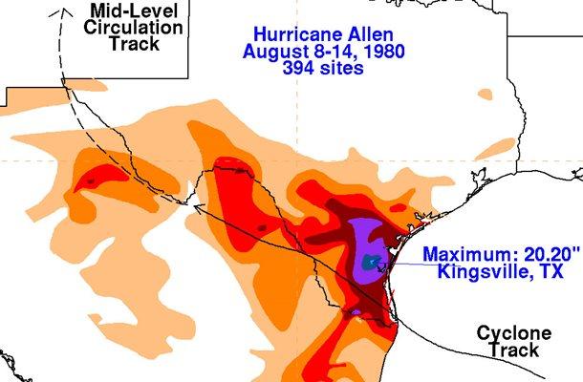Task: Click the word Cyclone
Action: pyautogui.click(x=515, y=333)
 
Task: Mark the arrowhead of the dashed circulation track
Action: pyautogui.click(x=64, y=10)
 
